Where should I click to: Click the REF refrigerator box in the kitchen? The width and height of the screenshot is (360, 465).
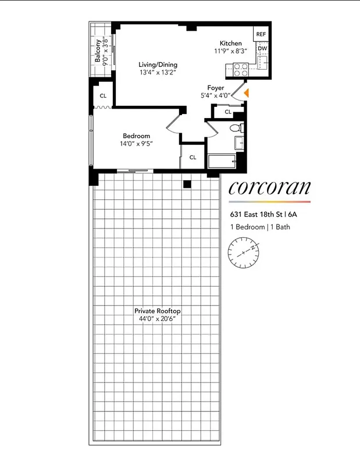[262, 35]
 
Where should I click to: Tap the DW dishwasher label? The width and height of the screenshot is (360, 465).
[262, 49]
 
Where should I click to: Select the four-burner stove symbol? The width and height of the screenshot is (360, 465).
[240, 70]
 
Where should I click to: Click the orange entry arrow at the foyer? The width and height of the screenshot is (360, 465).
[247, 92]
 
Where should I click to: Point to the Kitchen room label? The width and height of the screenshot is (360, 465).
[230, 44]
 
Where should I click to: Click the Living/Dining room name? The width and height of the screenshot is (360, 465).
[158, 65]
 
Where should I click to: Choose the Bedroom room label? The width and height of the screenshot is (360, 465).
[136, 136]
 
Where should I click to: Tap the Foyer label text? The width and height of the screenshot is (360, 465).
[216, 88]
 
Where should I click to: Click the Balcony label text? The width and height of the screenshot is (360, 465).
[97, 52]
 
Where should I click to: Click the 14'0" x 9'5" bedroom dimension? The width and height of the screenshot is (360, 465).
[136, 144]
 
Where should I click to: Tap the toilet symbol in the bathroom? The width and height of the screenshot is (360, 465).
[236, 128]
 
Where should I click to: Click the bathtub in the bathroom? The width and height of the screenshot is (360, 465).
[222, 162]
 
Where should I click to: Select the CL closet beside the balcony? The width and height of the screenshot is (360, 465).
[103, 96]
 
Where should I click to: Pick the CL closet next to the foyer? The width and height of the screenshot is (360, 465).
[228, 111]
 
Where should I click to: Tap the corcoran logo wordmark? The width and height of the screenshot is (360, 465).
[269, 187]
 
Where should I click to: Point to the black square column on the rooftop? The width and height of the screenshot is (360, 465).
[187, 184]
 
